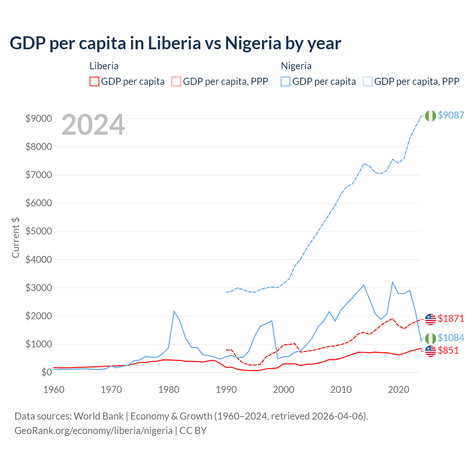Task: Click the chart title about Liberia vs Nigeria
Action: pyautogui.click(x=175, y=43)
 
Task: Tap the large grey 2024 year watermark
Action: pyautogui.click(x=93, y=125)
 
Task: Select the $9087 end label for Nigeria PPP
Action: pyautogui.click(x=451, y=115)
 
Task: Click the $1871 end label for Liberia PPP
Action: pyautogui.click(x=451, y=318)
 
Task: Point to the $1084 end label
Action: pyautogui.click(x=451, y=338)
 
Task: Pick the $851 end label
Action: pyautogui.click(x=448, y=350)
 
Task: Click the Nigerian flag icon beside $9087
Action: pyautogui.click(x=430, y=116)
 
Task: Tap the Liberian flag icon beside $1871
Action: pyautogui.click(x=430, y=319)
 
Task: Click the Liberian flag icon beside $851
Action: pyautogui.click(x=430, y=351)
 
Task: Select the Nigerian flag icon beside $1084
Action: pyautogui.click(x=430, y=338)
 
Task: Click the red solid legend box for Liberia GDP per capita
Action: pyautogui.click(x=94, y=81)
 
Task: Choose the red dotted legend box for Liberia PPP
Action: pyautogui.click(x=176, y=81)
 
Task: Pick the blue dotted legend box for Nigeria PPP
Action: pyautogui.click(x=368, y=81)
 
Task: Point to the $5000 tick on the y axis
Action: pyautogui.click(x=38, y=231)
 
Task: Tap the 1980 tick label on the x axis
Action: pyautogui.click(x=169, y=390)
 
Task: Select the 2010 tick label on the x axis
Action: pyautogui.click(x=341, y=390)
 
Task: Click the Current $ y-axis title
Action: pyautogui.click(x=16, y=238)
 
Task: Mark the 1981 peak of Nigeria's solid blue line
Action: pyautogui.click(x=174, y=311)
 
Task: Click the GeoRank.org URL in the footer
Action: pyautogui.click(x=93, y=431)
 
